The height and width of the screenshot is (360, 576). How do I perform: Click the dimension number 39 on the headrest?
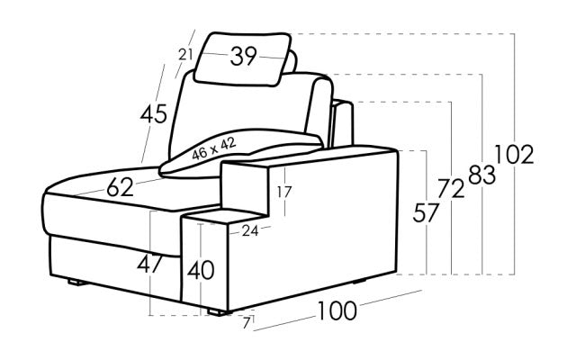pos(243,58)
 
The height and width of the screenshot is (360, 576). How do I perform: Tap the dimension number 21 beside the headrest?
pos(186,55)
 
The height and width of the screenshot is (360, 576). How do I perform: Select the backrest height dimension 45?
pos(154,114)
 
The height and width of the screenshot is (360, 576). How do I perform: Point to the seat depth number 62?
pos(120,187)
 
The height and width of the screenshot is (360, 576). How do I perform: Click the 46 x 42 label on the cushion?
pos(214,148)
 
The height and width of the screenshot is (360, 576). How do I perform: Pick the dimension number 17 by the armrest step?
pos(284,191)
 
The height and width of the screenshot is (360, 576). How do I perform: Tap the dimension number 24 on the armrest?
pos(249,230)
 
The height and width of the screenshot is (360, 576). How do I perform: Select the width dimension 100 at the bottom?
pos(336,311)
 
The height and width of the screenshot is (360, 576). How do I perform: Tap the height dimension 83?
pos(481,175)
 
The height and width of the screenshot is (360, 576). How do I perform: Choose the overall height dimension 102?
pos(514,155)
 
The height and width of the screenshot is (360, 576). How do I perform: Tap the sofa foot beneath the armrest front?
pos(216,312)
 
